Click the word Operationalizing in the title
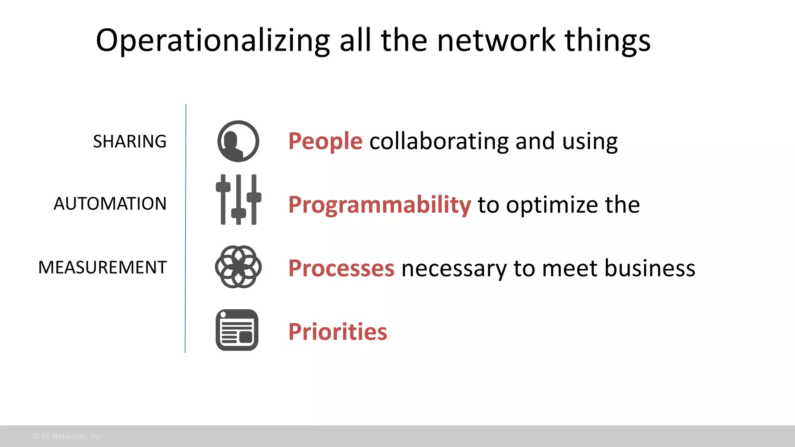click(212, 41)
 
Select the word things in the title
click(607, 41)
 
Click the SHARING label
click(130, 141)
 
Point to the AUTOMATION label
click(110, 204)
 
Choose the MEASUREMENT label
click(102, 267)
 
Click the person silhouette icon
click(238, 141)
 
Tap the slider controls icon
click(238, 199)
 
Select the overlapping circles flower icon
click(238, 267)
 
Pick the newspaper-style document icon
click(237, 330)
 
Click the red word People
click(325, 141)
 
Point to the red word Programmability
click(380, 204)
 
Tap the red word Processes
click(341, 268)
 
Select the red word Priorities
click(338, 332)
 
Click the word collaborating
click(439, 141)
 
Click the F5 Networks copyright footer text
click(67, 436)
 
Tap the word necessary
click(454, 269)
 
